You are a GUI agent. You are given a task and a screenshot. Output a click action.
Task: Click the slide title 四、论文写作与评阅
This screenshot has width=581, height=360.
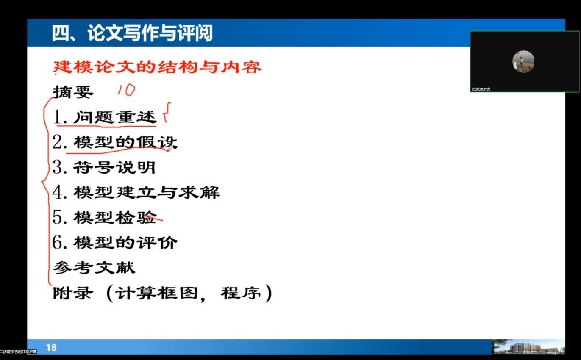(x=132, y=33)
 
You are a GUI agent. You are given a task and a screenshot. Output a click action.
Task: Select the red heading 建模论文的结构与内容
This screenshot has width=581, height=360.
(x=157, y=67)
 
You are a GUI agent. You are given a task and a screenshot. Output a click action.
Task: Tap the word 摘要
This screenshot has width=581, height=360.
(x=73, y=92)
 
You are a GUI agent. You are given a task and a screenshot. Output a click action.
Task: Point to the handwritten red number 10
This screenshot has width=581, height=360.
(x=126, y=90)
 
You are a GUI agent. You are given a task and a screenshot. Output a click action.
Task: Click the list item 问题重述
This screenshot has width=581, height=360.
(x=115, y=117)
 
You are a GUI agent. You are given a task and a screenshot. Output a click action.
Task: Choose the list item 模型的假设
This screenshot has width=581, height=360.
(x=125, y=142)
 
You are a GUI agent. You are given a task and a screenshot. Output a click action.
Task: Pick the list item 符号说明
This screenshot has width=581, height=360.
(x=114, y=167)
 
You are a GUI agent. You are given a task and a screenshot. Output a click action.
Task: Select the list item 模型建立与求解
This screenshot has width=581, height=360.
(x=146, y=192)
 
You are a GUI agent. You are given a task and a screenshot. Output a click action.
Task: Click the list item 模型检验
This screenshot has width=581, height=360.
(x=115, y=217)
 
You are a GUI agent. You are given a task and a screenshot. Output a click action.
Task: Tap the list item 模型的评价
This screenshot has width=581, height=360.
(x=125, y=243)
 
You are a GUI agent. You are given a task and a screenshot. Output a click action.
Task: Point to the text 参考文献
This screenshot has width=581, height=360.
(x=94, y=268)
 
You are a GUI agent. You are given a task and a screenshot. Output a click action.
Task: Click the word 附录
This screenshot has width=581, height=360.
(x=73, y=293)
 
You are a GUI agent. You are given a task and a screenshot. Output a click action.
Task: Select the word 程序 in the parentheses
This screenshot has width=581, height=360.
(x=241, y=293)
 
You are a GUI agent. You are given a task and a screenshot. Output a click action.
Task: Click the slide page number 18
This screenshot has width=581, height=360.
(x=51, y=348)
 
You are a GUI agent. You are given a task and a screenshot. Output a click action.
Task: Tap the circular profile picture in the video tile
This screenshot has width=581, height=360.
(x=523, y=62)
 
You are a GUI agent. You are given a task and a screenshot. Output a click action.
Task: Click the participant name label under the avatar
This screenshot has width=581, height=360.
(x=481, y=89)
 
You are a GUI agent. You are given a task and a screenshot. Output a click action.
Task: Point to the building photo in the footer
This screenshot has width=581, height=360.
(x=528, y=347)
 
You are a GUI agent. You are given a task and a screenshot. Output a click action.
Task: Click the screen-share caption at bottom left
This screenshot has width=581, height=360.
(x=18, y=352)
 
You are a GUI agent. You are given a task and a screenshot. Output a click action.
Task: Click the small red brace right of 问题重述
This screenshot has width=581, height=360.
(x=167, y=112)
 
